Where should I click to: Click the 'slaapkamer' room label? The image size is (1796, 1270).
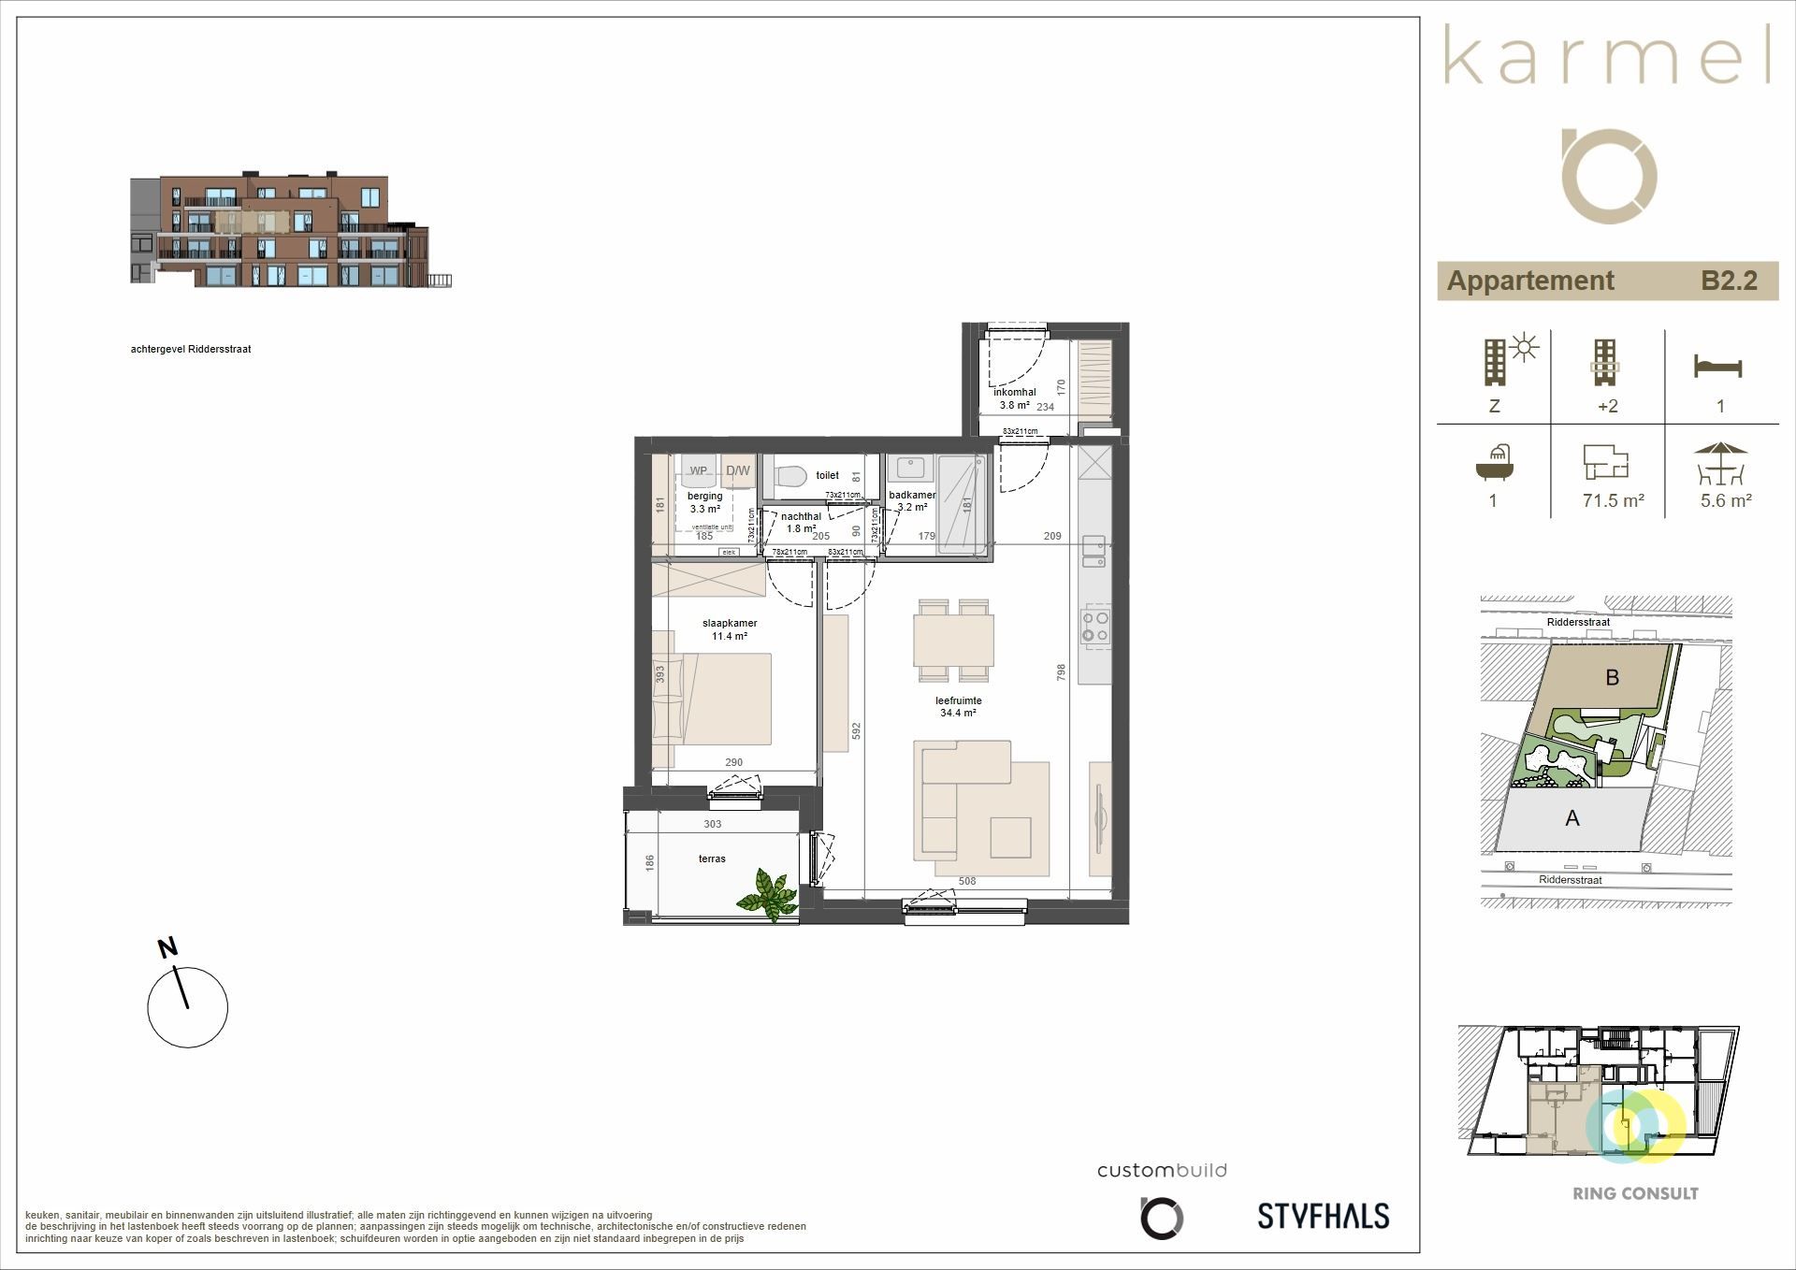tap(730, 623)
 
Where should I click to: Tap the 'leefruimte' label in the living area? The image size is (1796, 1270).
tap(958, 700)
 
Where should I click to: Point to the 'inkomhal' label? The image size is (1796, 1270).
tap(1014, 393)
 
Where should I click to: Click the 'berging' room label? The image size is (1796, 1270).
tap(704, 497)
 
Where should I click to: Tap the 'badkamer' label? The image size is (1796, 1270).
tap(912, 496)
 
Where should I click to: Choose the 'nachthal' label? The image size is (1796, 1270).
tap(801, 516)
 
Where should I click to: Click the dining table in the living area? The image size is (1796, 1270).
tap(953, 640)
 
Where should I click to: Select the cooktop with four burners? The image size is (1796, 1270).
tap(1095, 626)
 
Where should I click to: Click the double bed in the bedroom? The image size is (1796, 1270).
tap(720, 699)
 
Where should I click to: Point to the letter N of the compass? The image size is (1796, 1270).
tap(167, 948)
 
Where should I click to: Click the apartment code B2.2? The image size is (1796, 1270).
tap(1729, 281)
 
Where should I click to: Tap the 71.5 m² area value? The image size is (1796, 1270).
tap(1613, 500)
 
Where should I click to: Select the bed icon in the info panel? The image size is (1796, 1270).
tap(1718, 367)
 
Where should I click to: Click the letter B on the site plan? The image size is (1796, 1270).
tap(1612, 677)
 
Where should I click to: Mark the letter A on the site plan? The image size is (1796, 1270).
tap(1572, 818)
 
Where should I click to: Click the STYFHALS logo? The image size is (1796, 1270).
tap(1323, 1216)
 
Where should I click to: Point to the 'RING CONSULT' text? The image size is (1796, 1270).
tap(1635, 1193)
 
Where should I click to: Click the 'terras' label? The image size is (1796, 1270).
tap(712, 859)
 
